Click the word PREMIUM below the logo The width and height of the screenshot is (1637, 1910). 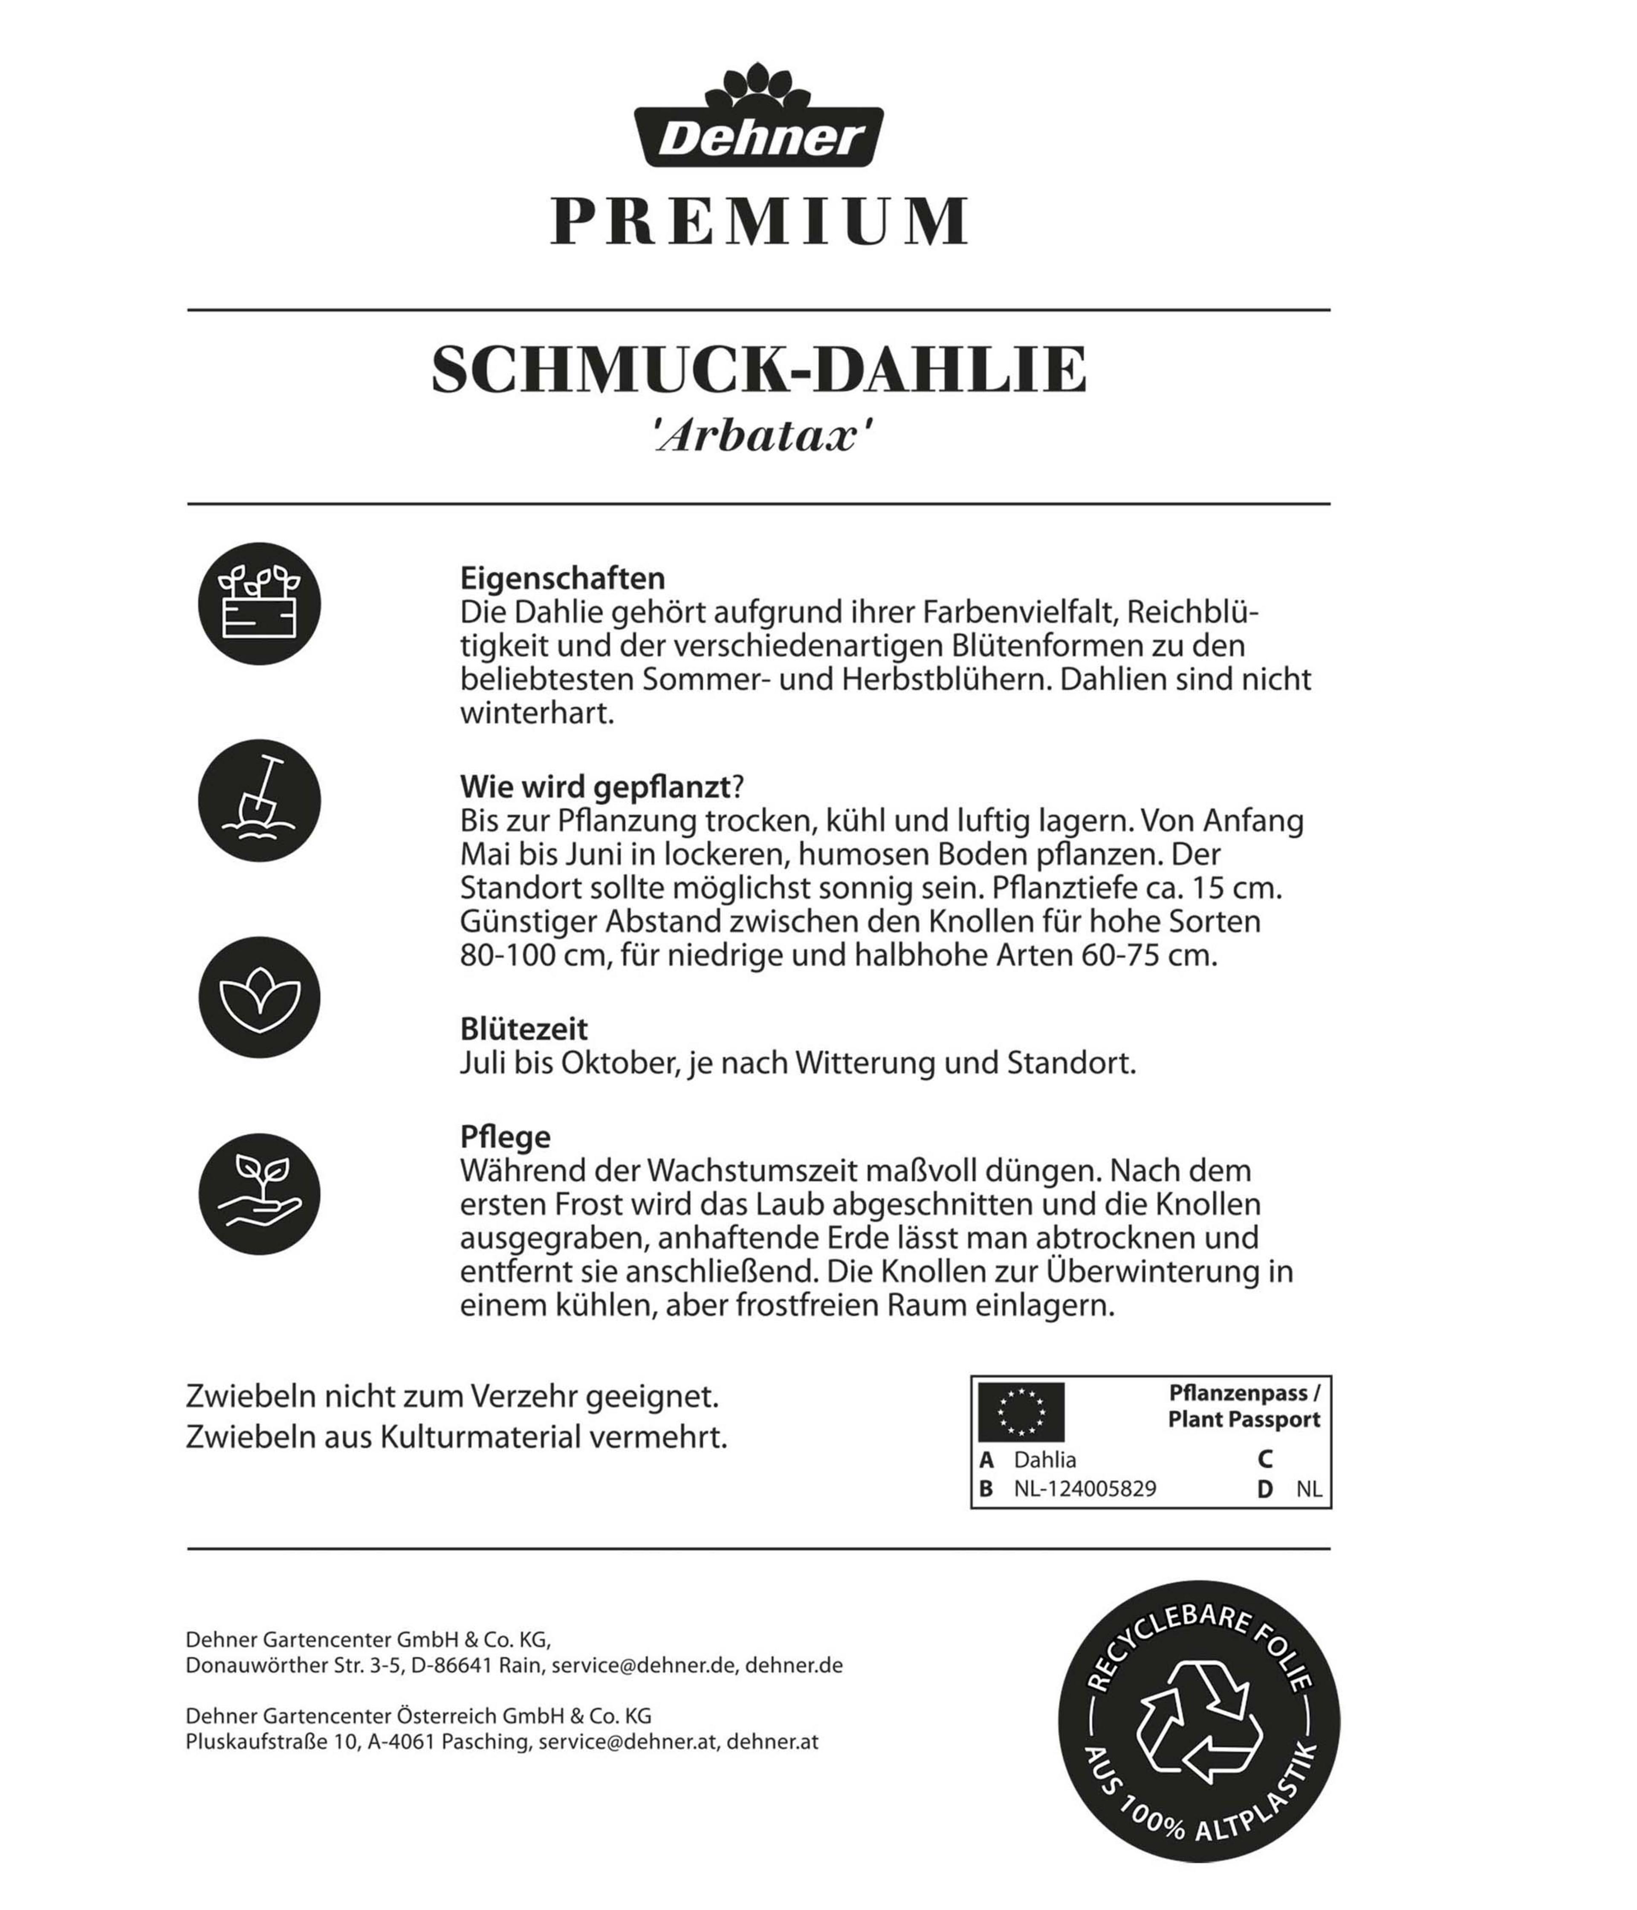click(758, 222)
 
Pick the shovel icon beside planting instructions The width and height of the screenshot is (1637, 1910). click(259, 800)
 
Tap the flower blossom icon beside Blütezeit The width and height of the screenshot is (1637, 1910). click(259, 997)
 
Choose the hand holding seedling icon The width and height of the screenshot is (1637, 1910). click(259, 1194)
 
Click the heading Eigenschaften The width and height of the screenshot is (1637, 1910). click(562, 578)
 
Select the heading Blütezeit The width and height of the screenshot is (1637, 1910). click(523, 1029)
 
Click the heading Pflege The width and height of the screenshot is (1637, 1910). click(505, 1137)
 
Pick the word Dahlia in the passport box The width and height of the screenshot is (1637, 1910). click(1044, 1459)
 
